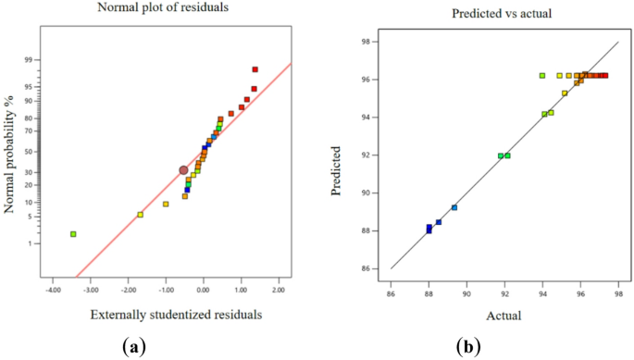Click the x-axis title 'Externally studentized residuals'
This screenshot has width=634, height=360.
point(176,315)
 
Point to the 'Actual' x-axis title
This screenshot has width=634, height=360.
point(504,316)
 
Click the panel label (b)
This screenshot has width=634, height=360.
point(468,347)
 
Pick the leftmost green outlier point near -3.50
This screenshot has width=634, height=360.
point(73,234)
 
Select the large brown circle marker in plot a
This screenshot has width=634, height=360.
point(183,170)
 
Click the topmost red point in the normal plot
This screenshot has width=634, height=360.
point(255,69)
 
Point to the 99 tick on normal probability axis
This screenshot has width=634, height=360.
point(30,60)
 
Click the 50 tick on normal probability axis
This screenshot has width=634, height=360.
point(30,152)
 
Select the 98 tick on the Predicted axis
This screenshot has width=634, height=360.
point(367,42)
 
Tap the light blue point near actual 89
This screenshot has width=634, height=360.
point(454,207)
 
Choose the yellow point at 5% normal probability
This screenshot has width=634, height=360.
point(141,215)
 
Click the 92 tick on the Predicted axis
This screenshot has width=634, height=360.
point(367,155)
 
